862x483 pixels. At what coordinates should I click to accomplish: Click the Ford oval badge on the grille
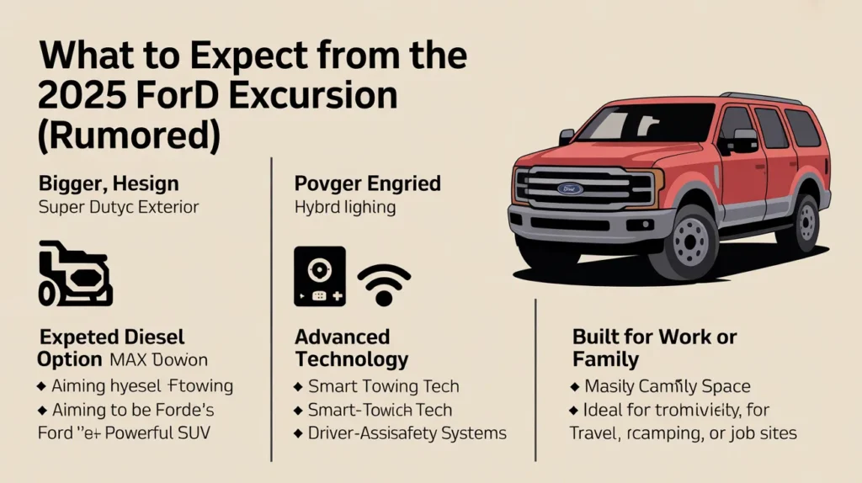coord(569,188)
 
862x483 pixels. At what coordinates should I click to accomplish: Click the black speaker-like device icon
coord(319,277)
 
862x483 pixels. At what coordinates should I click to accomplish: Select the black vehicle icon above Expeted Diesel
coord(76,273)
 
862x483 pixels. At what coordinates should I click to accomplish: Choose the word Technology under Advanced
coord(351,360)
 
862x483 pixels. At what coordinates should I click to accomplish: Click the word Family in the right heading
coord(605,360)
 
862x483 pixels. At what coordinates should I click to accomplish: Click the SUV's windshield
coord(645,122)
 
